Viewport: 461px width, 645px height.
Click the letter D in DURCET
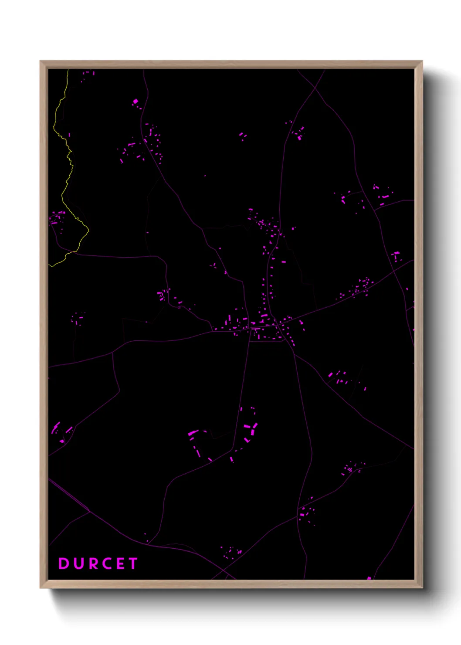click(x=64, y=564)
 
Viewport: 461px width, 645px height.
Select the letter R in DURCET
click(x=94, y=564)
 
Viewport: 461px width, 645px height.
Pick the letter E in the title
click(x=120, y=564)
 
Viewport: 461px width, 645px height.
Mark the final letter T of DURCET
click(x=133, y=564)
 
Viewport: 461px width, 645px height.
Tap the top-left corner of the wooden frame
click(x=41, y=61)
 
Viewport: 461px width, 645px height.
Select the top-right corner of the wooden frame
click(x=422, y=61)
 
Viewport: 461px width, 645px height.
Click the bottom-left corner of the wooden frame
click(x=41, y=587)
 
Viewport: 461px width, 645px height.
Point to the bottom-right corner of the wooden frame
click(x=422, y=587)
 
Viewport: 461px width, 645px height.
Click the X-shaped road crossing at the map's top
click(x=315, y=88)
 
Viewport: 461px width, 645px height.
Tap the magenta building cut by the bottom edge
click(x=369, y=578)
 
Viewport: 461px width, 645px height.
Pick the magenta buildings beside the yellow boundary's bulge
click(x=57, y=217)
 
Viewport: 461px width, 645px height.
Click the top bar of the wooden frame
click(x=231, y=64)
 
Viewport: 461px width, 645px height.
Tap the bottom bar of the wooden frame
click(x=231, y=584)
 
